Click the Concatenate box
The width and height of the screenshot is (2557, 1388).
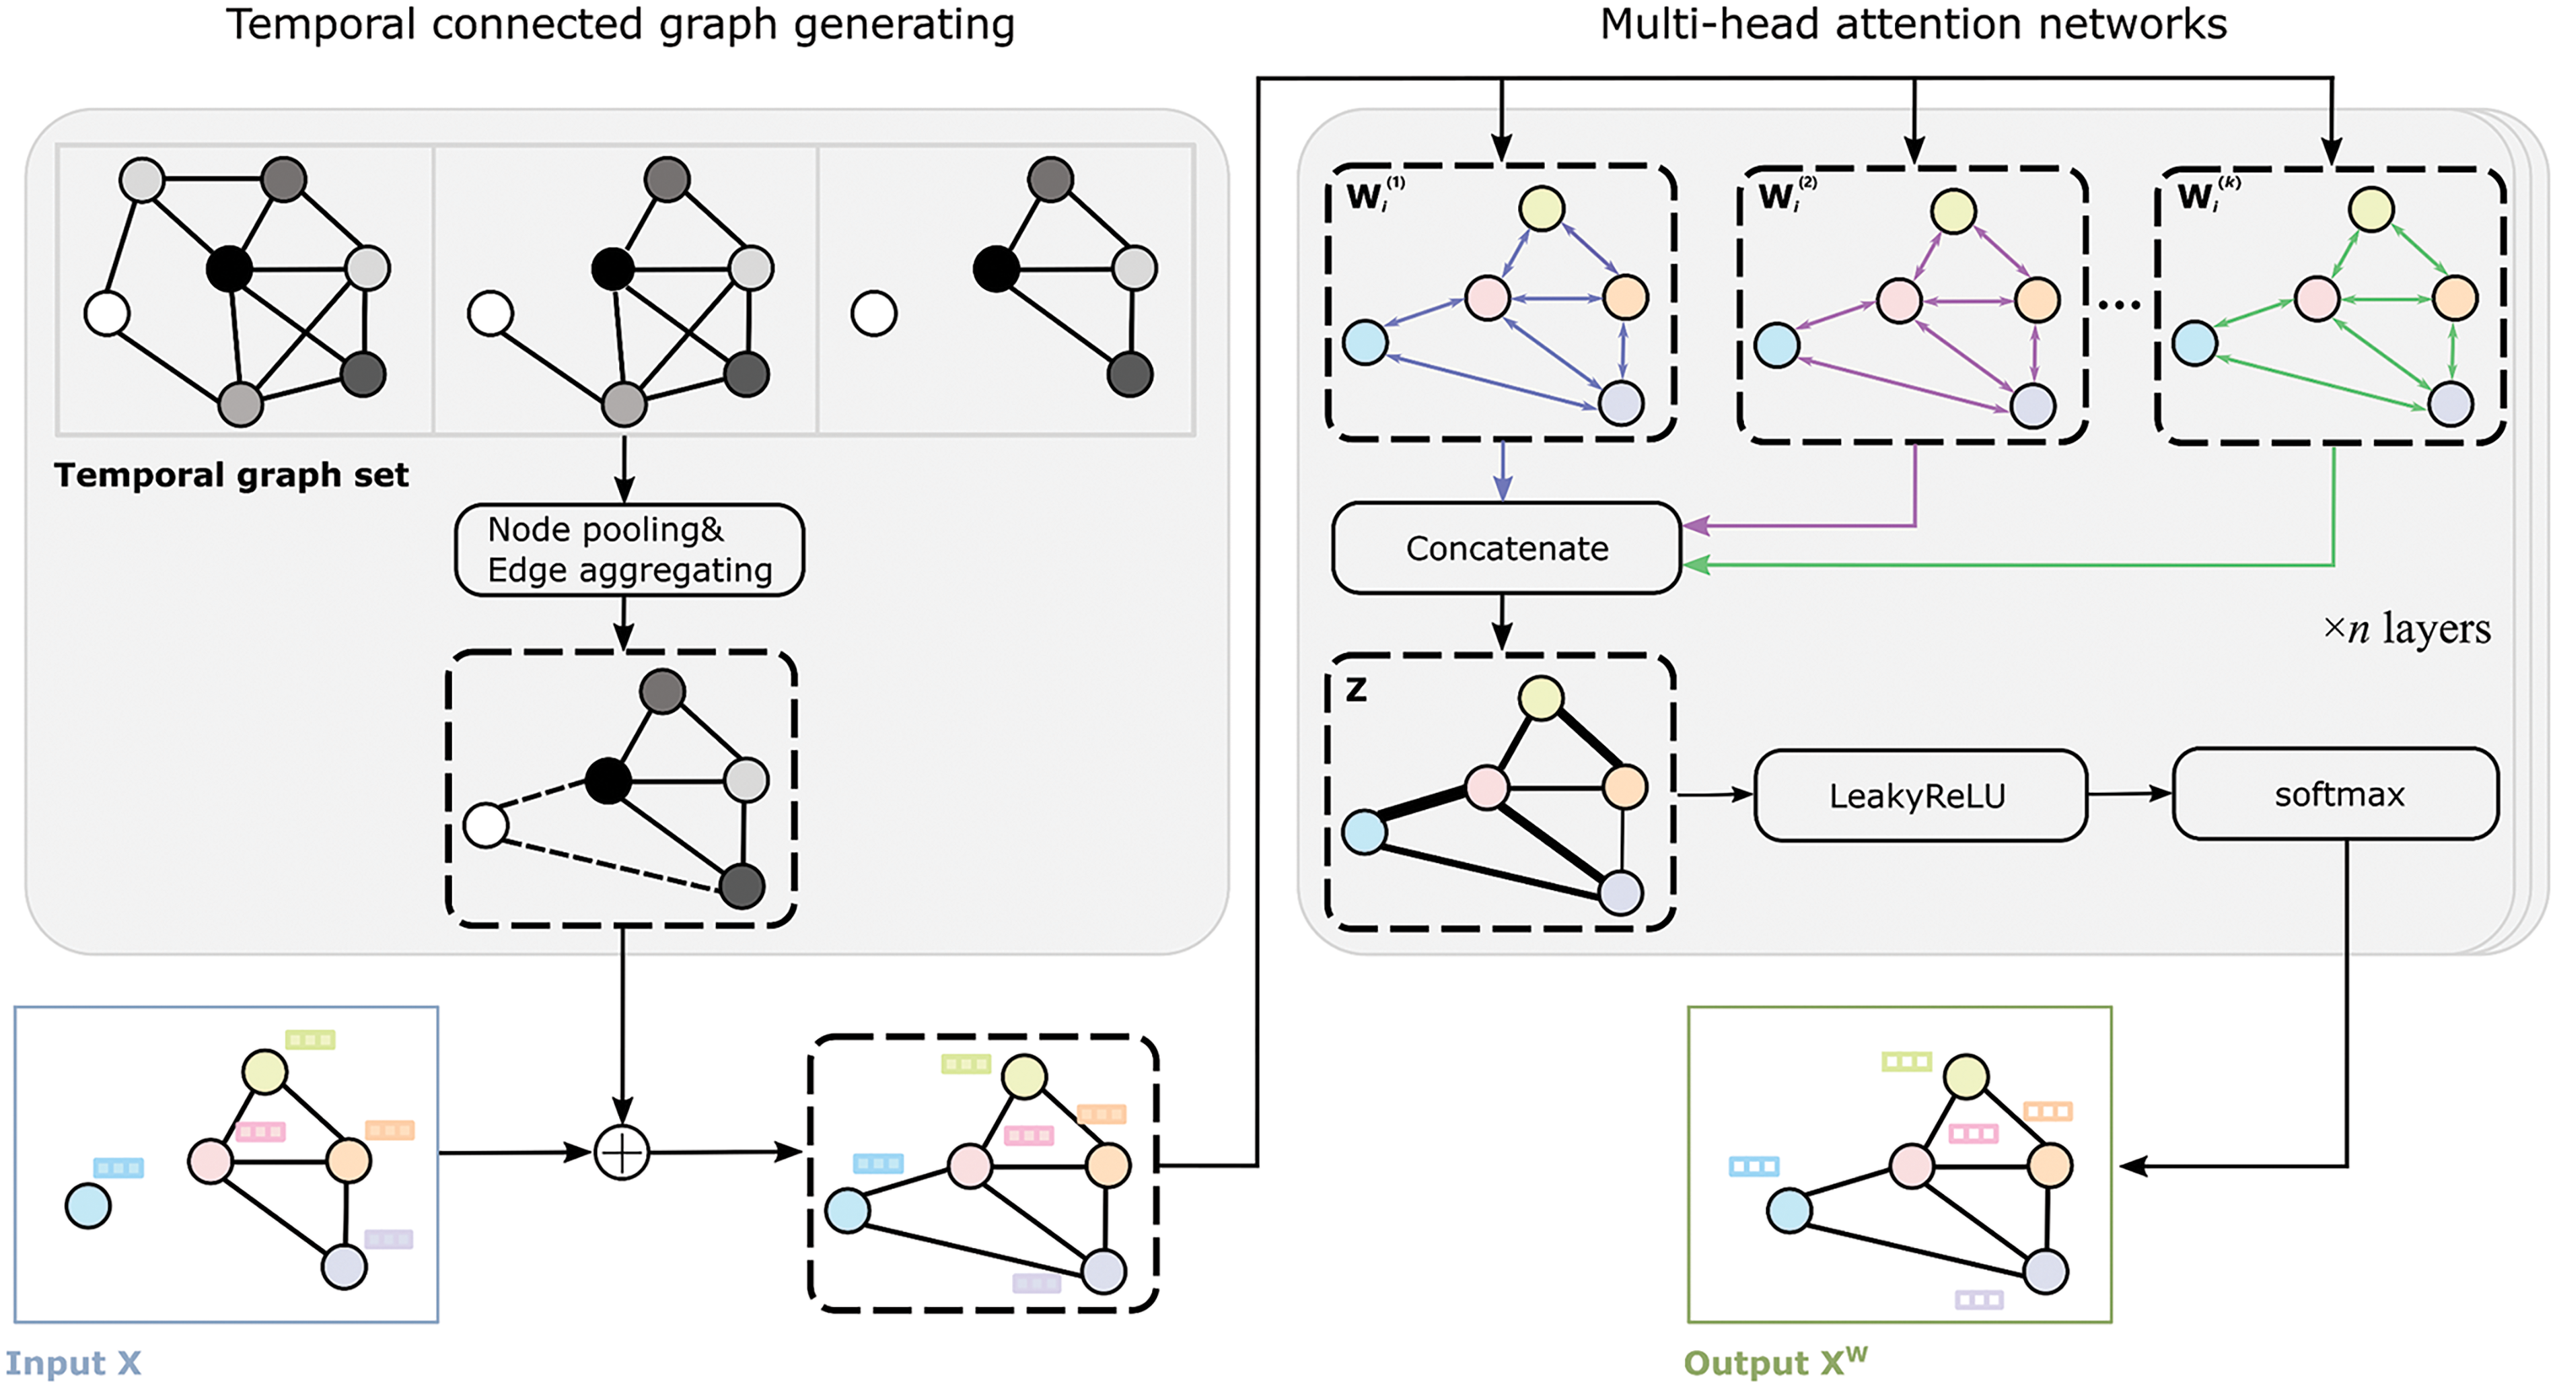1506,548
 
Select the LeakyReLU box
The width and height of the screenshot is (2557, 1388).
1918,795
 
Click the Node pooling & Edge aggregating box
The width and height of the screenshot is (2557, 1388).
628,550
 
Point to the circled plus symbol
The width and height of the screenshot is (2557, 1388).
621,1152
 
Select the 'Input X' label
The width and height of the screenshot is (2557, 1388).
73,1363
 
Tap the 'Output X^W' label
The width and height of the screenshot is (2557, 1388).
1775,1362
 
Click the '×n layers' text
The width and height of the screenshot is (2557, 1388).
2406,629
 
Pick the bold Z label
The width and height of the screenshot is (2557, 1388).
1356,689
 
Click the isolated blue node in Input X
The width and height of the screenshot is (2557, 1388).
88,1206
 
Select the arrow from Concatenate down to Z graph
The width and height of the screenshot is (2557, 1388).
1502,623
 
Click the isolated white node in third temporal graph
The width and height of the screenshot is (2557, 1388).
873,314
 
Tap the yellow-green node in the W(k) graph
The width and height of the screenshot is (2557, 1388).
2371,209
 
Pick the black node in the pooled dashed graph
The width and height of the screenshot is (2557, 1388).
608,780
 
